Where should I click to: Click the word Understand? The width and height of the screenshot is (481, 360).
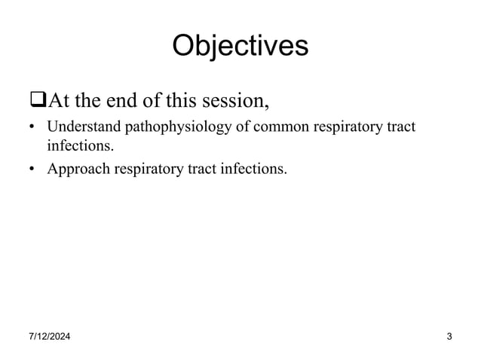pos(79,127)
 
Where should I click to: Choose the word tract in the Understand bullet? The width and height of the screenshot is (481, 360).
pos(400,127)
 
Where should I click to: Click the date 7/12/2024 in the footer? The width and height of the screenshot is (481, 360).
pos(44,336)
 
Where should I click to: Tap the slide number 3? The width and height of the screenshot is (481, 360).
pos(449,336)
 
